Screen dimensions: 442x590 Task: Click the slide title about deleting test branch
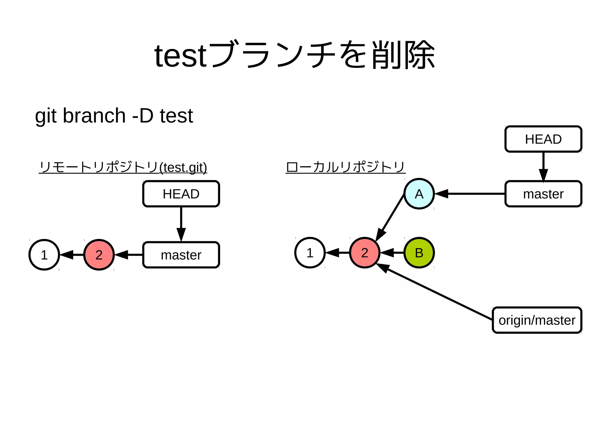(294, 55)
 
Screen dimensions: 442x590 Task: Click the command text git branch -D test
(114, 116)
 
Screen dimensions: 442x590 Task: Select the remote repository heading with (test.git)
(123, 167)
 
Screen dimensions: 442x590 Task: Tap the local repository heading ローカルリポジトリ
(345, 167)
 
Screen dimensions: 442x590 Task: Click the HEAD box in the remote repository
(181, 194)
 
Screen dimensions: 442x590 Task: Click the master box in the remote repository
(181, 255)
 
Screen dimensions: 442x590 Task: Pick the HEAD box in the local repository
(543, 139)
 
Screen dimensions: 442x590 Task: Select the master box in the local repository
(543, 194)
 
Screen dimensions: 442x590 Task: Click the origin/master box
(537, 320)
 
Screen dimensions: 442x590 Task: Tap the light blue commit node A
(419, 194)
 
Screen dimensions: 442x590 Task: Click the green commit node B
(419, 253)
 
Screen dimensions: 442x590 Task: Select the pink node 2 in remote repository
(99, 255)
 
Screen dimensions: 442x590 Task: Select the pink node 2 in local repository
(364, 253)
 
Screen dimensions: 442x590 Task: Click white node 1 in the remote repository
(44, 255)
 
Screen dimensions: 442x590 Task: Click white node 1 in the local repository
(310, 253)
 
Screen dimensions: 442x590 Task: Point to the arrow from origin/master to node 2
(435, 292)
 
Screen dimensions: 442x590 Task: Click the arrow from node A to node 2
(390, 218)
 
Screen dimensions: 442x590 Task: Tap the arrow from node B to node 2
(392, 253)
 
